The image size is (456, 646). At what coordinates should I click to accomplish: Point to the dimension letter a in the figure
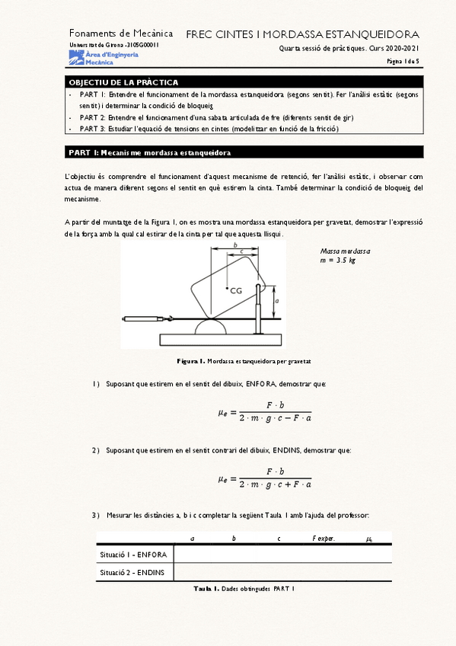coord(276,302)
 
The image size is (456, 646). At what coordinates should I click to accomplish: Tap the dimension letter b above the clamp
coord(235,245)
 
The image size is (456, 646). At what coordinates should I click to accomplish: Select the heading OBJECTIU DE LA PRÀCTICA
coord(124,82)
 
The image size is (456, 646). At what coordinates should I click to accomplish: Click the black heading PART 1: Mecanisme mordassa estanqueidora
coord(150,152)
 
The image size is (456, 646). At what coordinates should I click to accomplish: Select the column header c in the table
coord(279,539)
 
